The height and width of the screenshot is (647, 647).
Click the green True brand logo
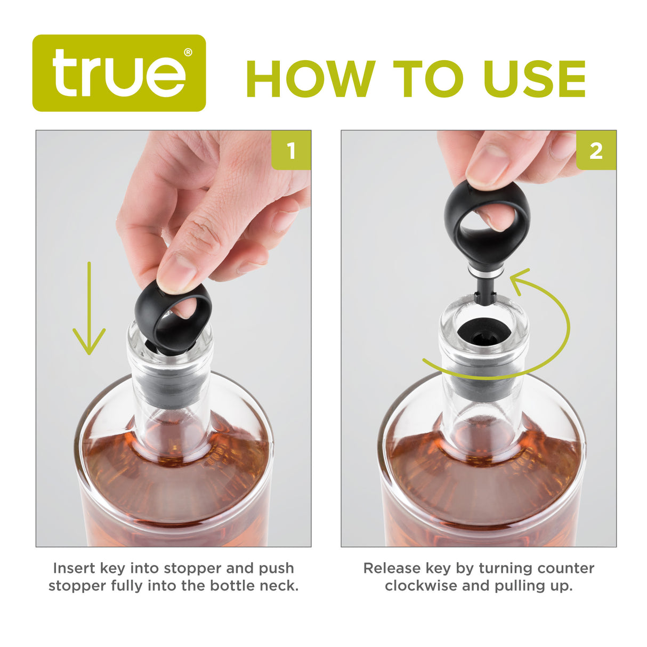(x=119, y=73)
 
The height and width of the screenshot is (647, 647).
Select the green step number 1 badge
(x=291, y=151)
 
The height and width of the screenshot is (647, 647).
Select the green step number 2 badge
(x=596, y=151)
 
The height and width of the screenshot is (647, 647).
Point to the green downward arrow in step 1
(x=89, y=309)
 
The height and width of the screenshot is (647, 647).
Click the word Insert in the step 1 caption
(x=74, y=568)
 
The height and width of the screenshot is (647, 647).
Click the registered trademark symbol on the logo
(x=188, y=52)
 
